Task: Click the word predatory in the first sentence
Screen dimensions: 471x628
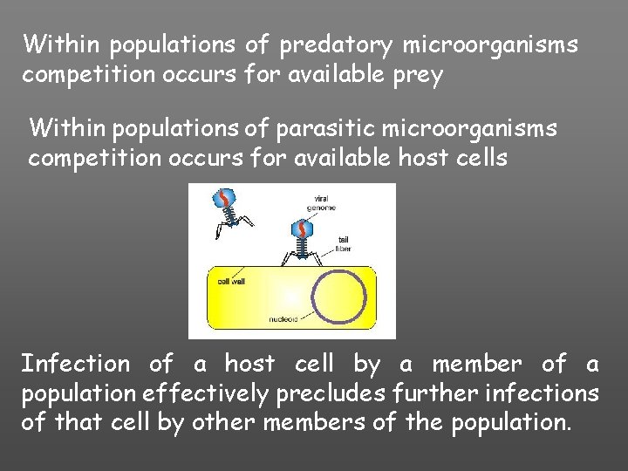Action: (x=318, y=44)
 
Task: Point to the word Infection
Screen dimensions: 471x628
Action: (x=76, y=363)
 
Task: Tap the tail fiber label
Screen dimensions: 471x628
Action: (x=343, y=244)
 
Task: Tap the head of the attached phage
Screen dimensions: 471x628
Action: (x=301, y=229)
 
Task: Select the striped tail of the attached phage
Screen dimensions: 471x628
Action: (x=301, y=249)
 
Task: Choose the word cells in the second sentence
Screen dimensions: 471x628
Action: (x=482, y=159)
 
